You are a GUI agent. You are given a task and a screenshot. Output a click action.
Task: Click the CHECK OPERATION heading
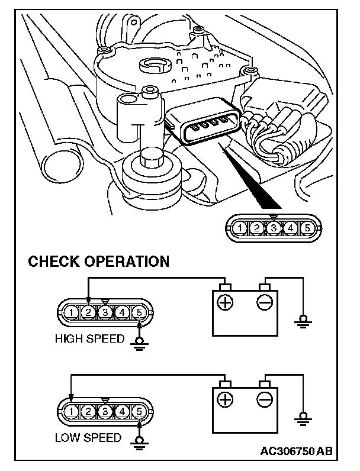(x=99, y=261)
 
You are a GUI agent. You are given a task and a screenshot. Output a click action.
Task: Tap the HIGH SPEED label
(x=89, y=339)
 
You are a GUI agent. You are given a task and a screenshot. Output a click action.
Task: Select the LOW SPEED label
(x=88, y=438)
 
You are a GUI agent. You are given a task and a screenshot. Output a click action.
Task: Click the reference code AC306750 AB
(x=296, y=451)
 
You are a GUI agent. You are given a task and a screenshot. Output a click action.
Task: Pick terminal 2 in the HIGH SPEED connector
(x=88, y=311)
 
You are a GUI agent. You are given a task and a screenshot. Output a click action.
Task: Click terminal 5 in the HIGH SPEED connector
(x=139, y=311)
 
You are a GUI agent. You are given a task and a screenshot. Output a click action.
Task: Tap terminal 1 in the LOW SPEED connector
(x=70, y=410)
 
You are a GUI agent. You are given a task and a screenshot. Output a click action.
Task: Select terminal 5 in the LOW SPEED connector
(x=139, y=410)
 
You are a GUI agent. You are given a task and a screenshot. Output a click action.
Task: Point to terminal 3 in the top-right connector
(x=273, y=227)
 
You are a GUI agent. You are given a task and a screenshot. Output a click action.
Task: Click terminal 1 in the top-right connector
(x=239, y=227)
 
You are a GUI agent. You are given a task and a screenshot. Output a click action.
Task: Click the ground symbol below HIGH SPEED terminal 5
(x=140, y=343)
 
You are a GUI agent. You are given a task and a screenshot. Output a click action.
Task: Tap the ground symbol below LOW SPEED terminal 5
(x=140, y=442)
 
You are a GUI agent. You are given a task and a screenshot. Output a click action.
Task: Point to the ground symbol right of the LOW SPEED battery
(x=303, y=418)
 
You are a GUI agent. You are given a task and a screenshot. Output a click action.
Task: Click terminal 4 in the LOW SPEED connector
(x=121, y=410)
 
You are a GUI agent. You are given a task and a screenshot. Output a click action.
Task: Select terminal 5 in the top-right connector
(x=307, y=227)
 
